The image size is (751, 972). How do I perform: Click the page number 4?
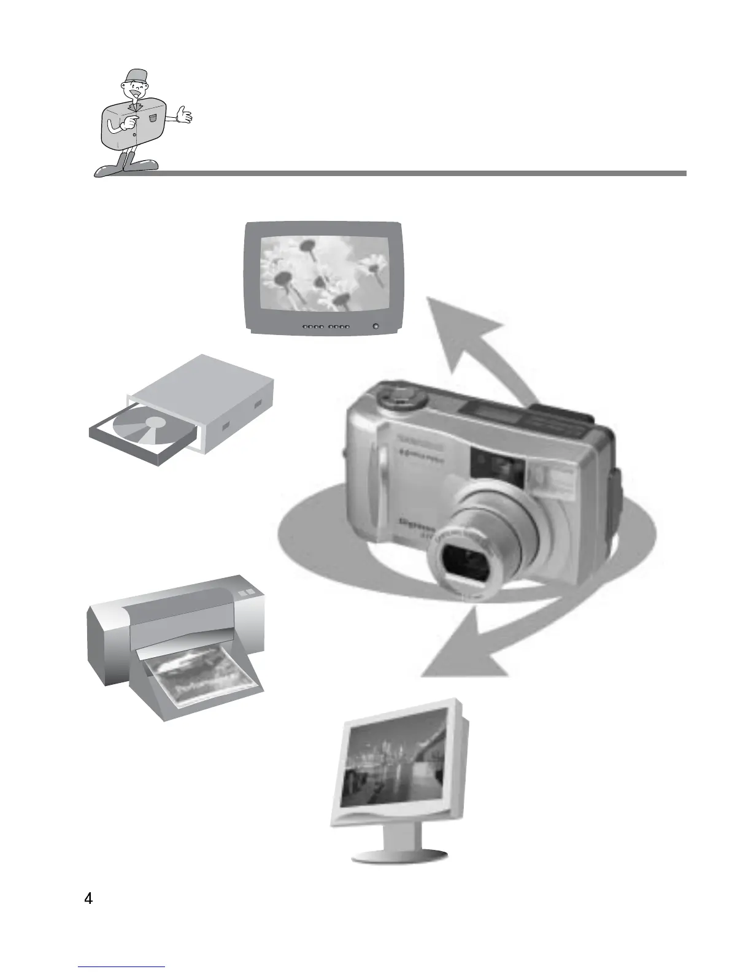click(x=89, y=900)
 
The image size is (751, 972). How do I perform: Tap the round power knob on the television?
click(x=375, y=326)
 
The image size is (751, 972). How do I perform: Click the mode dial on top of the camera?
click(x=401, y=397)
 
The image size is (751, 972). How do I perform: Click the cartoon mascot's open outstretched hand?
click(x=183, y=114)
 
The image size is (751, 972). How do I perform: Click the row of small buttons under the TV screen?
click(x=326, y=327)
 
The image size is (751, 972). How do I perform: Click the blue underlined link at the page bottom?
click(x=122, y=967)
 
